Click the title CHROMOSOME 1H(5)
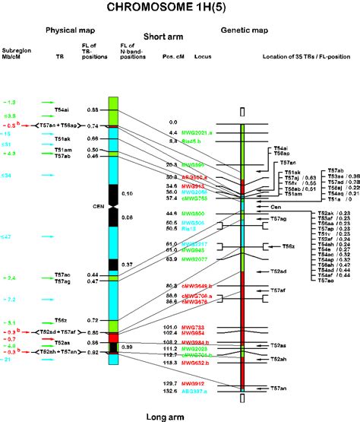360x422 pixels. tap(179, 8)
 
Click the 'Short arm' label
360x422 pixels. tap(164, 36)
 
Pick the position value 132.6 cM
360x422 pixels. tap(172, 391)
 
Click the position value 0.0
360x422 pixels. tap(172, 122)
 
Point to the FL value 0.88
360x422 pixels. tap(93, 110)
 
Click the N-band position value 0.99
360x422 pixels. tap(128, 347)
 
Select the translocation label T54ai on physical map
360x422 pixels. tap(62, 110)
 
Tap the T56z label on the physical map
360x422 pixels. tap(62, 320)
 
